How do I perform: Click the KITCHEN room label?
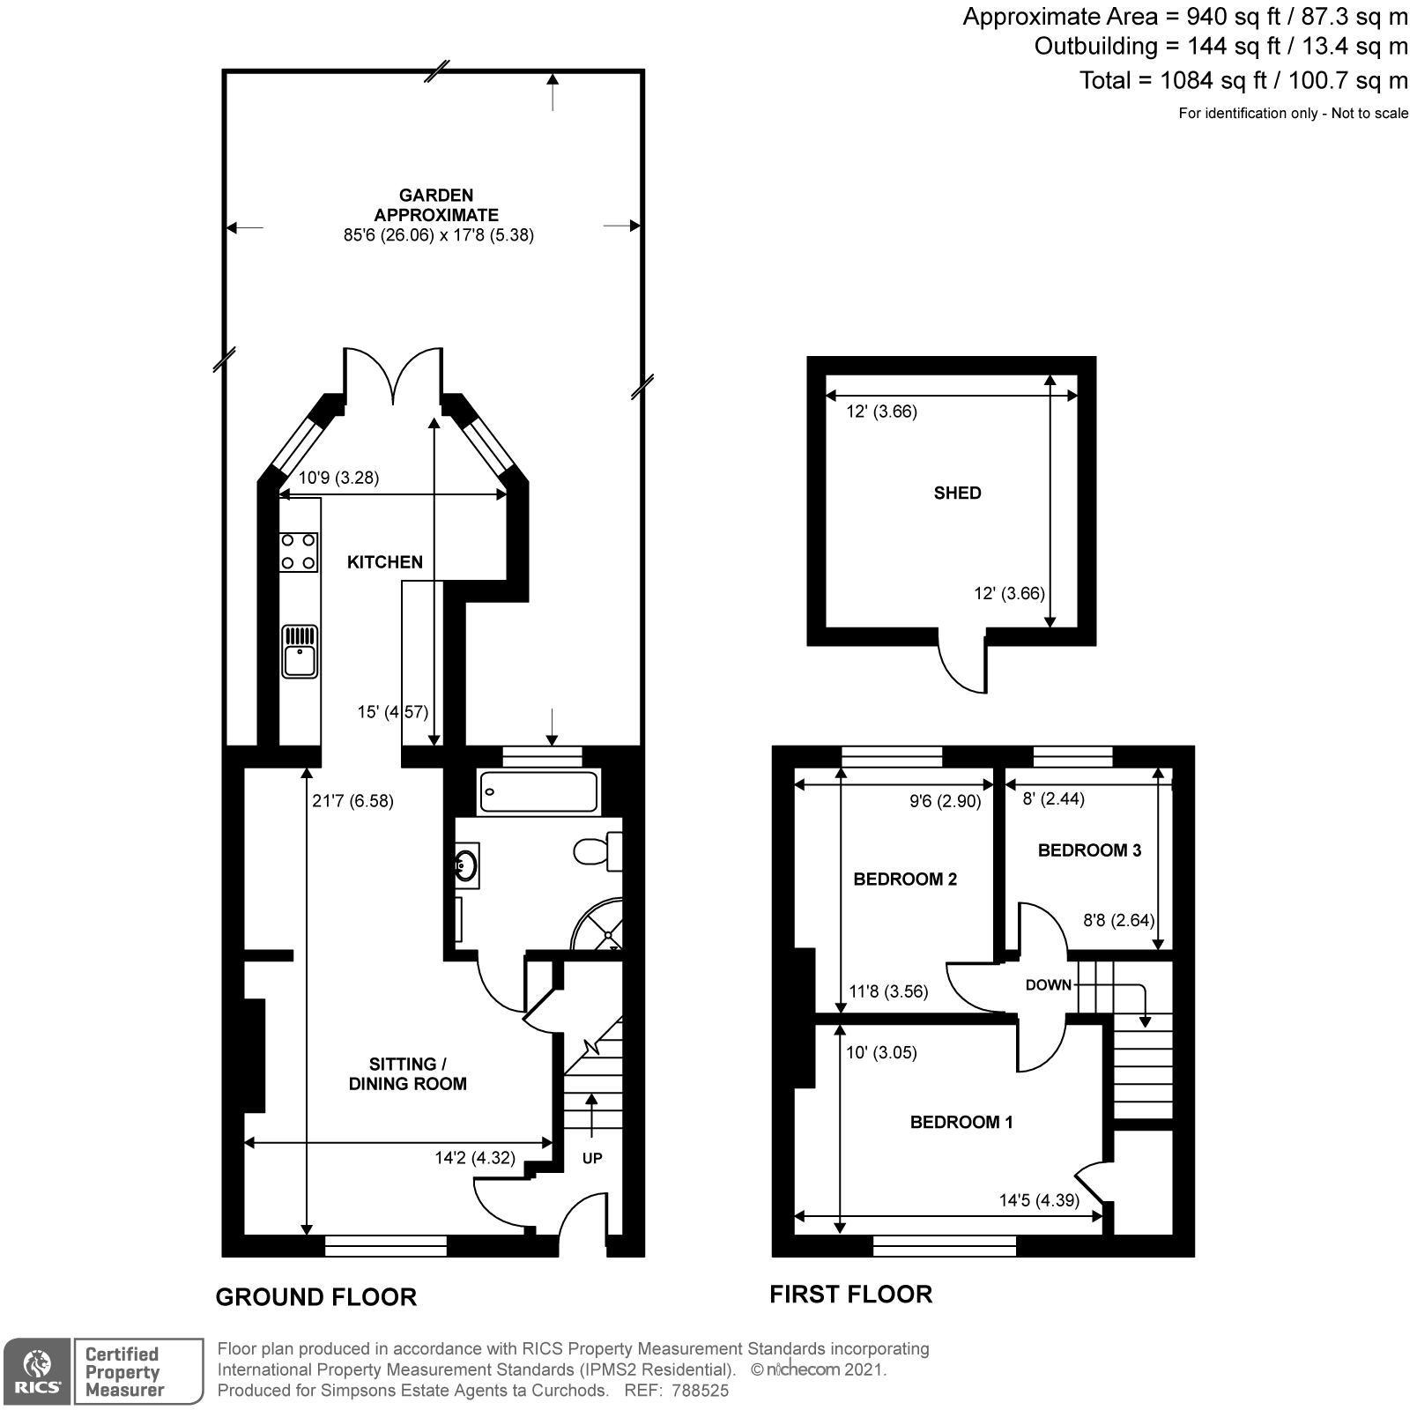(384, 562)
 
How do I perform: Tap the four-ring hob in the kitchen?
(299, 552)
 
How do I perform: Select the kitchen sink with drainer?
(300, 651)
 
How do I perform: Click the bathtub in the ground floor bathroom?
(538, 791)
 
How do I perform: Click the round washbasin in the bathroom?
(467, 865)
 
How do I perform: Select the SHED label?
(957, 493)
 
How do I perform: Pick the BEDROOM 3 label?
(1089, 850)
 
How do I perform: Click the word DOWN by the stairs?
(1048, 985)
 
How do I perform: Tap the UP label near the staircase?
(592, 1158)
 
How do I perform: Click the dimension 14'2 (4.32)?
(475, 1158)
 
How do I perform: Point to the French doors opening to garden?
(392, 375)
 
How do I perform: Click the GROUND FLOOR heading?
(315, 1297)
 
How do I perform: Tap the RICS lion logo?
(35, 1372)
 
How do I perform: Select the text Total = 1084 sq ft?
(1150, 81)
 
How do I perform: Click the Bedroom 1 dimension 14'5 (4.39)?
(1039, 1200)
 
